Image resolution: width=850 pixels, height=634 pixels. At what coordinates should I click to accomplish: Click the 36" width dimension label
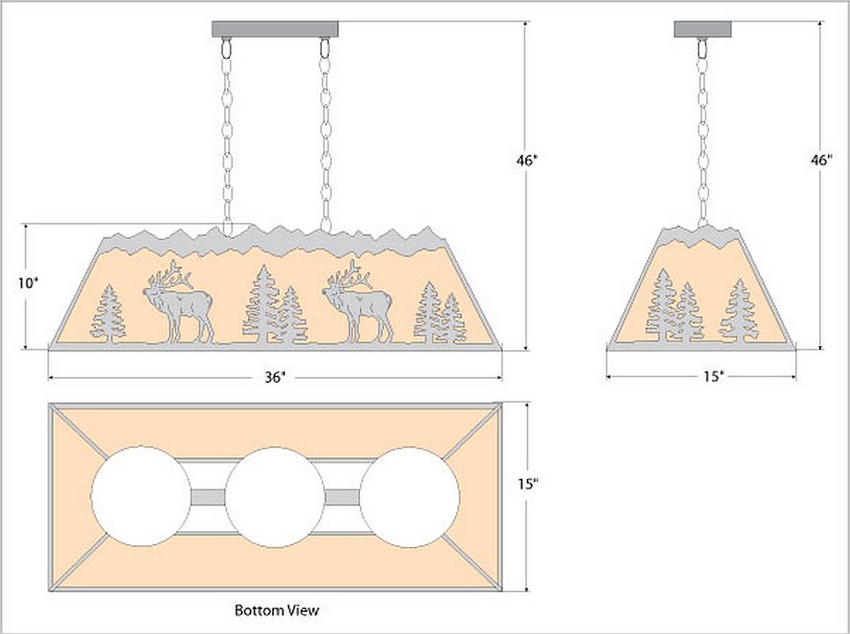[275, 378]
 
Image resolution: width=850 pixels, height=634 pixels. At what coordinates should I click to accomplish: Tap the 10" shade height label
[29, 284]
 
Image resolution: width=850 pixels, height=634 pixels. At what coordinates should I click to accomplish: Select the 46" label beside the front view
[527, 162]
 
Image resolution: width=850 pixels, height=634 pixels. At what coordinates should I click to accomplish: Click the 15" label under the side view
[713, 377]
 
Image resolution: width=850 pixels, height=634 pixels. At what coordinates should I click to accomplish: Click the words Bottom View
[276, 609]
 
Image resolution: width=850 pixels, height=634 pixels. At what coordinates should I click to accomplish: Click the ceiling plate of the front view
[275, 29]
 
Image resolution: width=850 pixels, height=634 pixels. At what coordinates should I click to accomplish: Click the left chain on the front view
[228, 132]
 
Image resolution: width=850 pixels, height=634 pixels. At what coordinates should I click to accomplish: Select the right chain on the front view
[326, 132]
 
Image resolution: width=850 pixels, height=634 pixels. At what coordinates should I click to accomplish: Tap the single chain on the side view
[702, 132]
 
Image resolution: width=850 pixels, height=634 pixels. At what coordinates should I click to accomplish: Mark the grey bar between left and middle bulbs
[209, 498]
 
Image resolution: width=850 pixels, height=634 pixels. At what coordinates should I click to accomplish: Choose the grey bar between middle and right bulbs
[343, 498]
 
